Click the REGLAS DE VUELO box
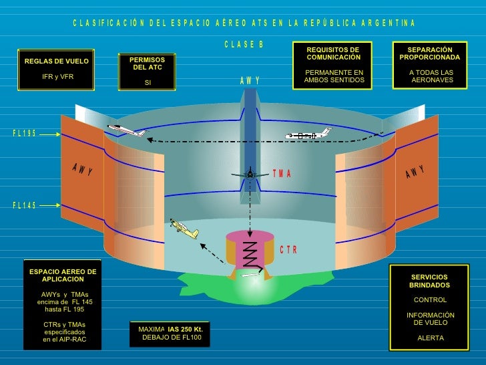pos(56,69)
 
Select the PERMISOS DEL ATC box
pos(148,72)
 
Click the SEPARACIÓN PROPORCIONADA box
pos(430,65)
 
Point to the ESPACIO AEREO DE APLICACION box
pos(62,305)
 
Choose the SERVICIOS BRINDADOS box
pos(430,307)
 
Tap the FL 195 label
pos(25,134)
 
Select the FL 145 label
pos(25,205)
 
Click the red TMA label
pos(282,174)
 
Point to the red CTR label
pos(288,250)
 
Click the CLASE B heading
pos(244,45)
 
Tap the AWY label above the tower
pos(250,81)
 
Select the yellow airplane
pos(183,228)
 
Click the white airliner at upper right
pos(308,135)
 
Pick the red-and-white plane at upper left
pos(126,130)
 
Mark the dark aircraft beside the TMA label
pos(250,173)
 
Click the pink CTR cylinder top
pos(250,237)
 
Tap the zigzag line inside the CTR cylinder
pos(250,254)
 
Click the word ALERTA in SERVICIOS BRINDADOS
pos(430,338)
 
